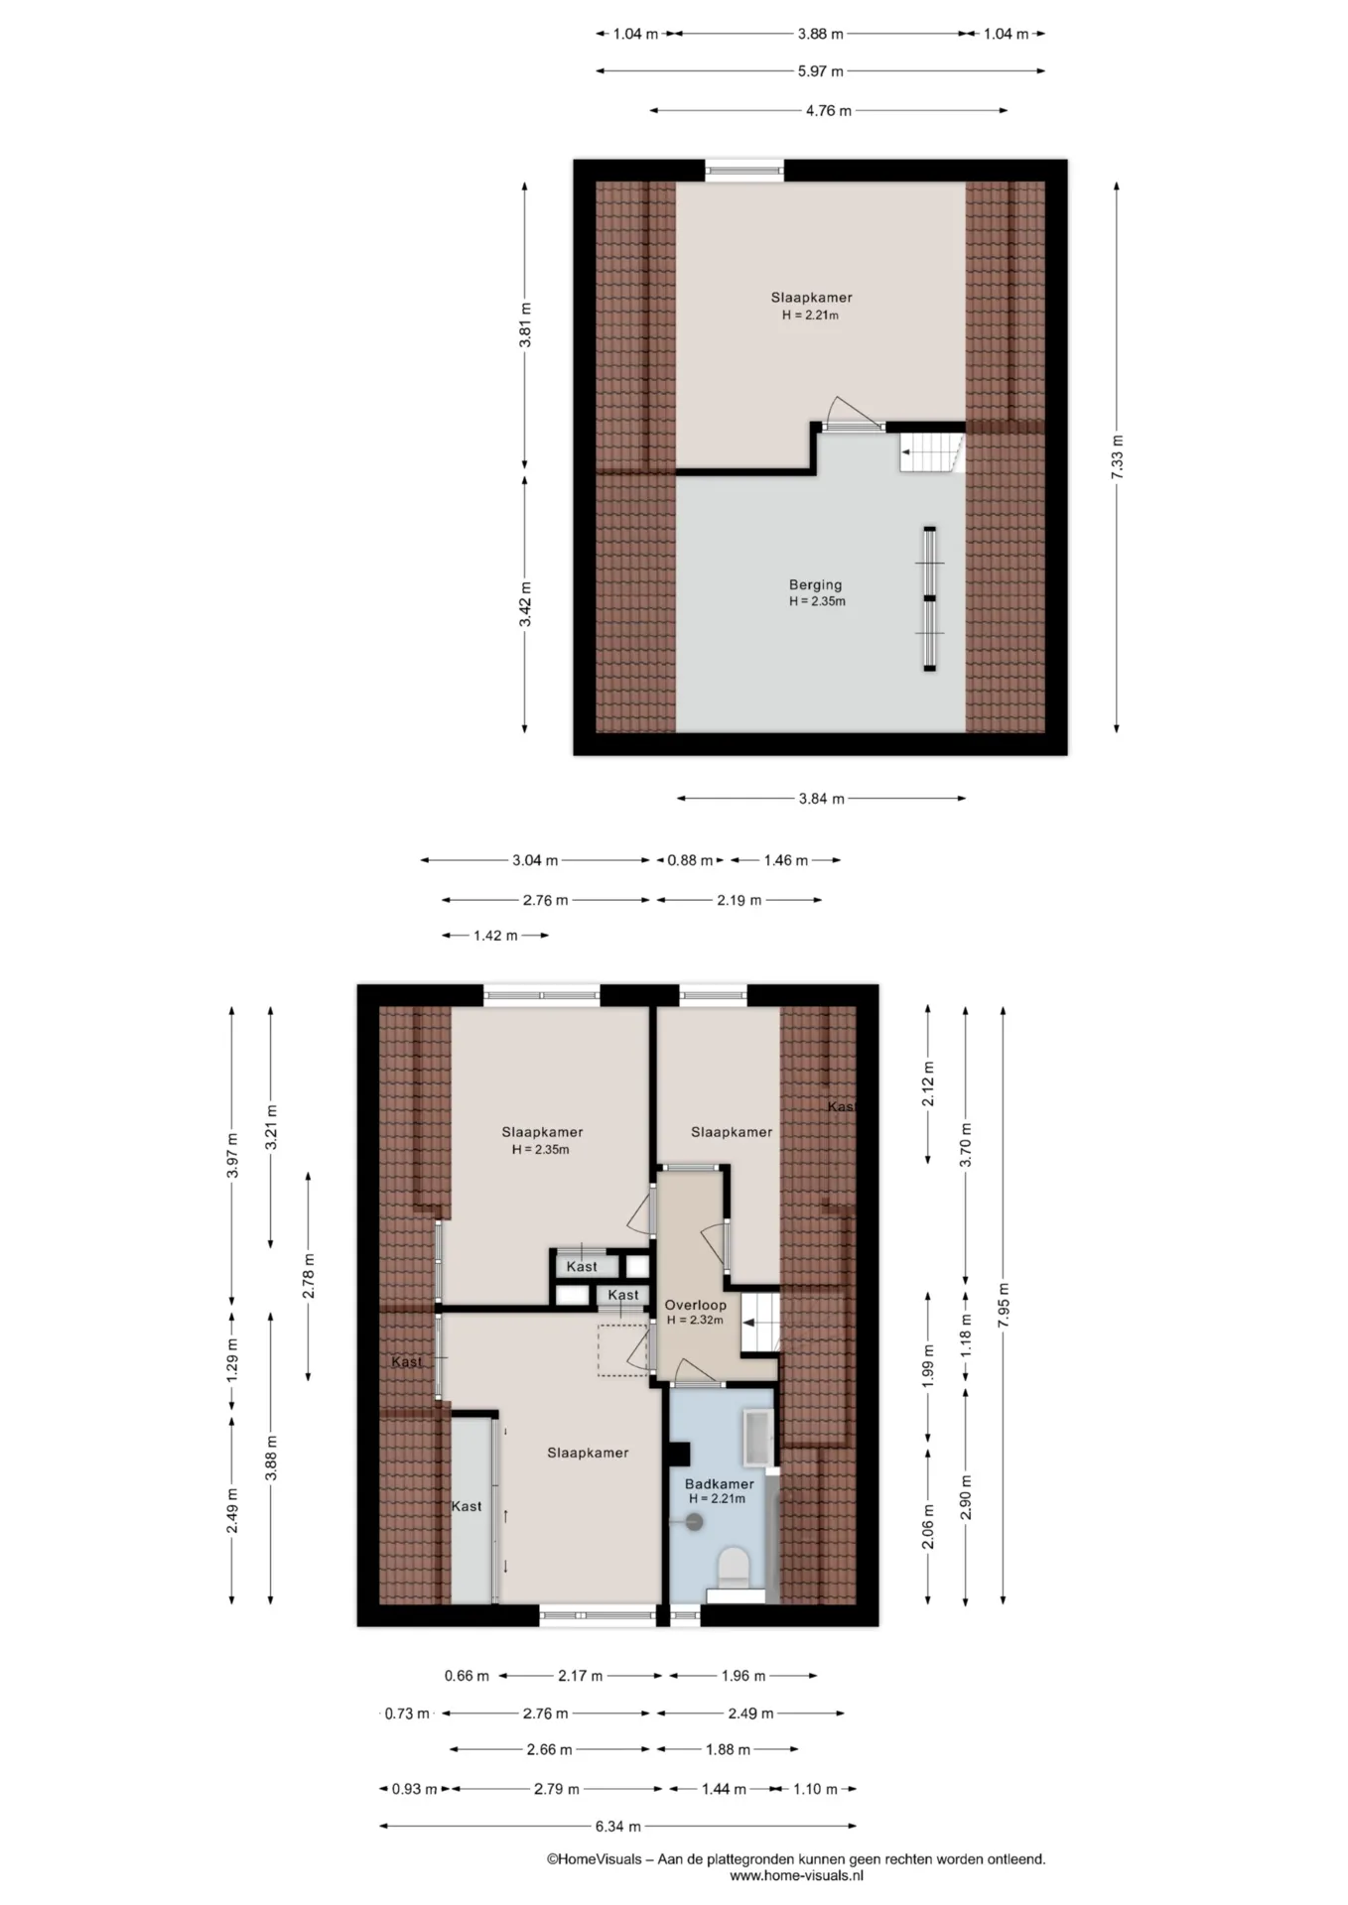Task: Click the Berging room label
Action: (x=815, y=584)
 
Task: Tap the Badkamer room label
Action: (x=719, y=1483)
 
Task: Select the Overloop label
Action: (x=695, y=1305)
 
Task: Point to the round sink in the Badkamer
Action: (x=693, y=1521)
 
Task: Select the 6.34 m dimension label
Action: (x=617, y=1826)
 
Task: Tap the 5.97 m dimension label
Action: (x=820, y=71)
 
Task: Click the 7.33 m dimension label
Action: (x=1117, y=457)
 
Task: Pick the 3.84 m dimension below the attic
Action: (x=821, y=799)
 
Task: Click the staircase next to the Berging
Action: (x=932, y=451)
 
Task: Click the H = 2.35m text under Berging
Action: (x=817, y=601)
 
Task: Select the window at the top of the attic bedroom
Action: (x=744, y=170)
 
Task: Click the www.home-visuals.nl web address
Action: (x=796, y=1876)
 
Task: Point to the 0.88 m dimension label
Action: (x=690, y=860)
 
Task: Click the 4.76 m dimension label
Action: (x=828, y=111)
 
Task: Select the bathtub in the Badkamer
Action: (x=759, y=1438)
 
